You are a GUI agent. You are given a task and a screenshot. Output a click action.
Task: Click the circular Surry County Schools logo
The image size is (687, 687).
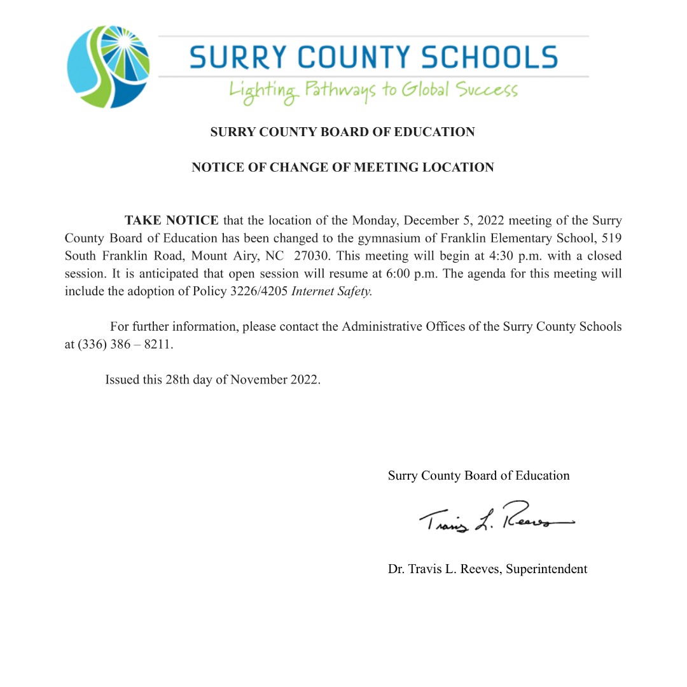click(x=109, y=67)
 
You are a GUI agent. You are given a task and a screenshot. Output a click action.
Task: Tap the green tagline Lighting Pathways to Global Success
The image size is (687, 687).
click(x=373, y=90)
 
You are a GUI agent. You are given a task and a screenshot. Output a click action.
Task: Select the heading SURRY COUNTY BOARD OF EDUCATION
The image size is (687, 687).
click(x=342, y=132)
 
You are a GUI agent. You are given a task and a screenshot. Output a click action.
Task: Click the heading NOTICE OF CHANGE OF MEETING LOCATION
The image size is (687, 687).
click(x=342, y=168)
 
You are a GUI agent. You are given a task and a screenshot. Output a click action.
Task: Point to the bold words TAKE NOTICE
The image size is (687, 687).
click(x=171, y=221)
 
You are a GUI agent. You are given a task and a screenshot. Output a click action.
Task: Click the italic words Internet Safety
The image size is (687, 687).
click(x=331, y=292)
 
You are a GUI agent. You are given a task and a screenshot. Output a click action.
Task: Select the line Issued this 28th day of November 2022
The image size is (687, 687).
click(x=212, y=380)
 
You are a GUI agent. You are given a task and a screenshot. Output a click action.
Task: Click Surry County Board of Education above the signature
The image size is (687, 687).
click(x=478, y=476)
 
